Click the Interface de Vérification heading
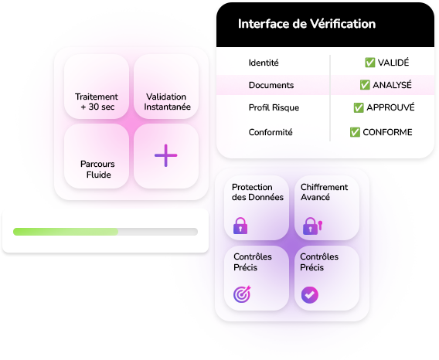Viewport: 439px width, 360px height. click(x=307, y=24)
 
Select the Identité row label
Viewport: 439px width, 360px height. click(x=264, y=63)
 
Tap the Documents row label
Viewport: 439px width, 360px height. click(x=271, y=85)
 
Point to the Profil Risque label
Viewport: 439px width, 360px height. click(x=274, y=107)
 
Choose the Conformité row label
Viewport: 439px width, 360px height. click(x=271, y=132)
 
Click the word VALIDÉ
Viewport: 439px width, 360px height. click(x=393, y=62)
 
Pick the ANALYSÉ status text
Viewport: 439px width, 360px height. click(x=392, y=84)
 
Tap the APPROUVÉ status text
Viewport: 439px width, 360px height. click(x=390, y=107)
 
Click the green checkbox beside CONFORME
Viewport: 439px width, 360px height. click(x=355, y=132)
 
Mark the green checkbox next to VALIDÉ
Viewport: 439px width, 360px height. click(x=370, y=63)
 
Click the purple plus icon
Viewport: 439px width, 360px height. click(x=165, y=155)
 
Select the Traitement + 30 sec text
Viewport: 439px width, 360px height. click(x=97, y=102)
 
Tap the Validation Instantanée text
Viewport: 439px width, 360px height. click(x=167, y=102)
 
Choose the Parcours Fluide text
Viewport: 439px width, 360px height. click(x=97, y=169)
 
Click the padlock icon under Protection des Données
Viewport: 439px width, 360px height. click(x=240, y=226)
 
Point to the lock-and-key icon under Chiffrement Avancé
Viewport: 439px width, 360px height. click(x=312, y=226)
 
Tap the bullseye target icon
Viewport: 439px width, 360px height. click(x=242, y=294)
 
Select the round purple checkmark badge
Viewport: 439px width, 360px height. click(x=310, y=295)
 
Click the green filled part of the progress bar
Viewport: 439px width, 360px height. click(x=66, y=232)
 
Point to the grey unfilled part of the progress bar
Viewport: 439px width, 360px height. click(x=158, y=232)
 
